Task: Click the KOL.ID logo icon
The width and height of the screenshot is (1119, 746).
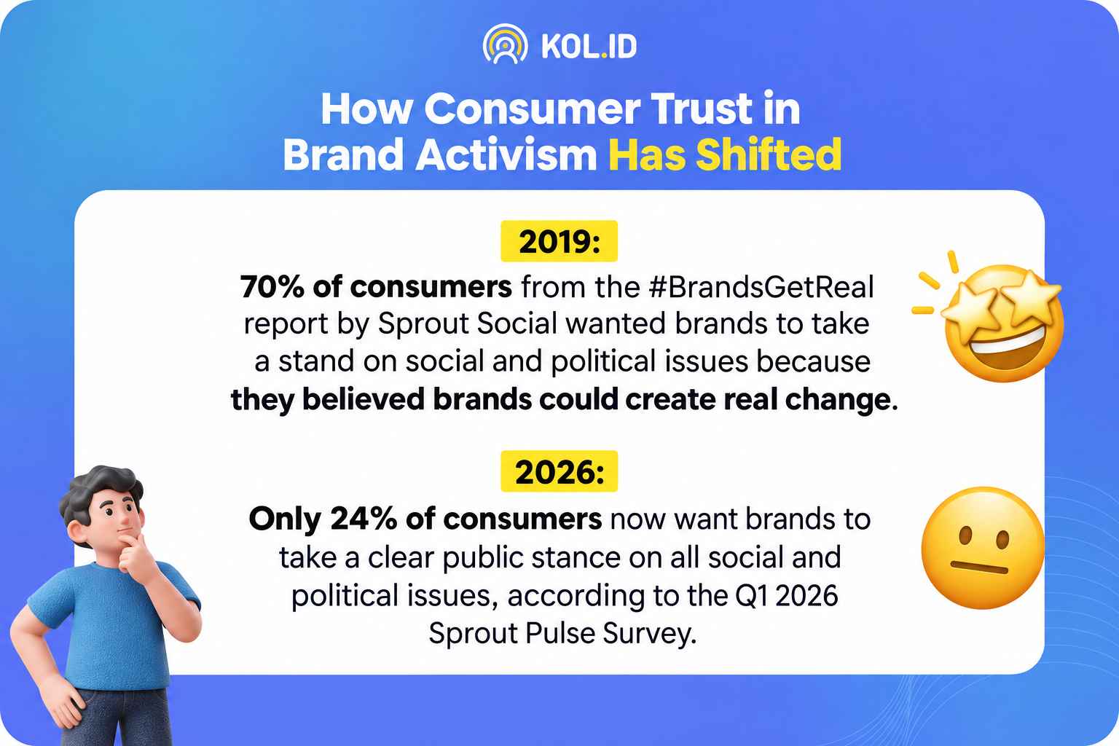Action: tap(505, 44)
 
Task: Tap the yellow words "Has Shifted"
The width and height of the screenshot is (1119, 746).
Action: tap(725, 154)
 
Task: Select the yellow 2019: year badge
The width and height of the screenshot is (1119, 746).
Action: tap(559, 241)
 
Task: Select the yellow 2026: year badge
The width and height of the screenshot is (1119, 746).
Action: tap(559, 471)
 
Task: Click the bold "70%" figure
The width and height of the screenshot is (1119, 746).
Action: tap(272, 287)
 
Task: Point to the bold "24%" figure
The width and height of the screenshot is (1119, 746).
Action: tap(364, 519)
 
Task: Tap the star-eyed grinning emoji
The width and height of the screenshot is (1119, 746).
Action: tap(994, 320)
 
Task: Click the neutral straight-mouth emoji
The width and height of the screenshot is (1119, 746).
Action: tap(983, 548)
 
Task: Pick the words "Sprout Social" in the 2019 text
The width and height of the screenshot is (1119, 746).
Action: tap(467, 323)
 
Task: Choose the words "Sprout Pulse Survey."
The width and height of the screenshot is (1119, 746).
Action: tap(562, 634)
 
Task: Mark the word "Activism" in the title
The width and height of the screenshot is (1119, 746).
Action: tap(506, 154)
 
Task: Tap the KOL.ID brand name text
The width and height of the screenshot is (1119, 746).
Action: tap(589, 47)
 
